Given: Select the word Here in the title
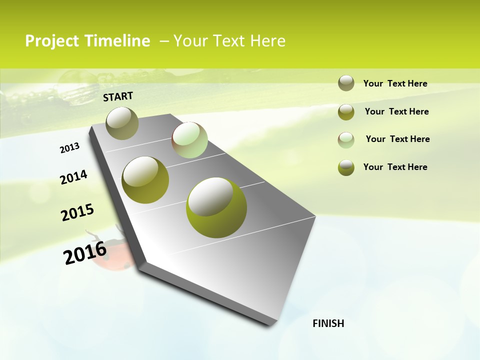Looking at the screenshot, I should coord(267,41).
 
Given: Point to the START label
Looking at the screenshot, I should coord(118,96).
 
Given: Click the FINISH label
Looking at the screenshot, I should coord(328,323).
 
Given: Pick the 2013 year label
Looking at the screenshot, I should coord(69,148).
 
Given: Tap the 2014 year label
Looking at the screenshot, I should coord(73,177).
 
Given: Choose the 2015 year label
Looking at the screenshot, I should coord(77,212).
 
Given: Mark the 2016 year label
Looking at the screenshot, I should coord(85,253).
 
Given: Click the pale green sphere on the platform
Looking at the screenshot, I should coord(189,140).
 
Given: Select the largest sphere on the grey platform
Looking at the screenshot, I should coord(216,207).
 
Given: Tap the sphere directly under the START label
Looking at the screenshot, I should coord(122,123).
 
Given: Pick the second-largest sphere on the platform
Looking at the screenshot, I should coord(145,180).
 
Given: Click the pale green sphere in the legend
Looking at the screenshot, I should coord(346,140).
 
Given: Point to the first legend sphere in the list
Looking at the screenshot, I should coord(346,83).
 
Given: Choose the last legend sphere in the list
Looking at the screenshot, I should coord(346,167).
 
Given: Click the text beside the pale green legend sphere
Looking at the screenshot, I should coord(397,139).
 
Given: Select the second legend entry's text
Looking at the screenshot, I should coord(396,111).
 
